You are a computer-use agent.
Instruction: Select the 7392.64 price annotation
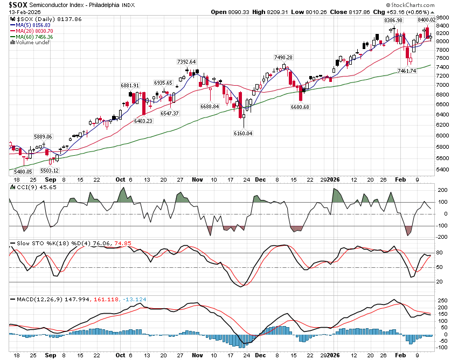[186, 61]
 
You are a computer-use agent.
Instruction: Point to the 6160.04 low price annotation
[243, 133]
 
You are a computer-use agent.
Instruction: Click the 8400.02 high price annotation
[424, 20]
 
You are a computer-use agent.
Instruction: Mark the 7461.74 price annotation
[407, 71]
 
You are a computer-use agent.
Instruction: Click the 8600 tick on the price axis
[443, 17]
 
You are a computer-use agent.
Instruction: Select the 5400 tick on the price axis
[443, 169]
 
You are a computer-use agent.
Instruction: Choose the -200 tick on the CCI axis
[443, 238]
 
